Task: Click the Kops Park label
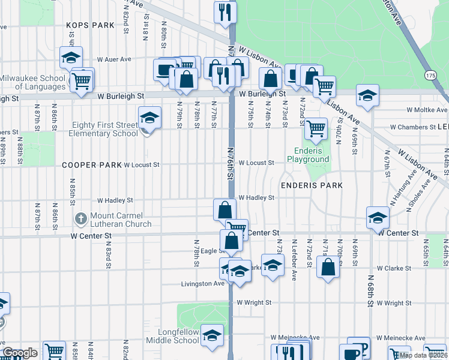click(90, 25)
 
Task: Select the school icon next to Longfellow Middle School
click(212, 336)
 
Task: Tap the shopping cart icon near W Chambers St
click(316, 127)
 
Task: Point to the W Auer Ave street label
click(114, 59)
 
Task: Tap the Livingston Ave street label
click(203, 284)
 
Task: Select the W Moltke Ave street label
click(426, 110)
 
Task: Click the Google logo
click(20, 353)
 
